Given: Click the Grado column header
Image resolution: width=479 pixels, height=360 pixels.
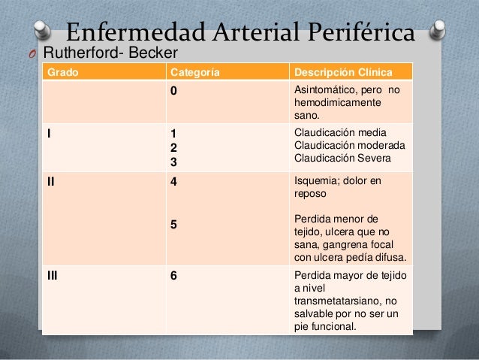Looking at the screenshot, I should pos(62,73).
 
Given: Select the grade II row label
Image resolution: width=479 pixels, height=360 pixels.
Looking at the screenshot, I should pos(51,181).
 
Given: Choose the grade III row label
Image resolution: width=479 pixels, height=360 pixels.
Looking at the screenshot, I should pos(53,275).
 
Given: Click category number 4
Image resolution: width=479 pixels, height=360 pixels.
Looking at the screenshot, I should pos(174,181).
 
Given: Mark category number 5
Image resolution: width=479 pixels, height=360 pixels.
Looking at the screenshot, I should pos(174,223).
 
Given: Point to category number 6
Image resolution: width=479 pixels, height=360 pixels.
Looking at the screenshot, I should pos(174,275).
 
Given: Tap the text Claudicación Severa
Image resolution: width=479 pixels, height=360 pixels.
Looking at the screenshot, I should pos(342,158).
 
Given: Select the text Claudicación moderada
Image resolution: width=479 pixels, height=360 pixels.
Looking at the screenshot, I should pos(350,145).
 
